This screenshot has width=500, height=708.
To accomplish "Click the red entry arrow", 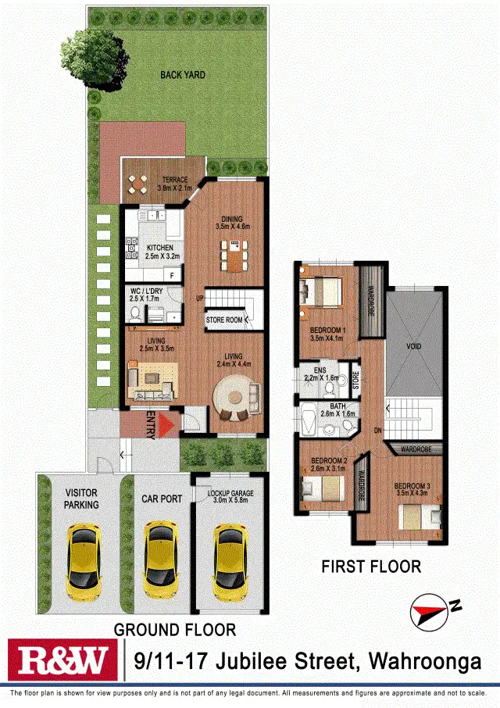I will pos(164,427).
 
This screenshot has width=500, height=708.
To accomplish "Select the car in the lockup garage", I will pos(230,557).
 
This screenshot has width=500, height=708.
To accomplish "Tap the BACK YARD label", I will pos(182,75).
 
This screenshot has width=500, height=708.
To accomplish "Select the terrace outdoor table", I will pos(138,185).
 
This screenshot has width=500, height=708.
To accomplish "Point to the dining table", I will pos(234,252).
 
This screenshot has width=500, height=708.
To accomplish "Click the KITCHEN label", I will pos(159,249).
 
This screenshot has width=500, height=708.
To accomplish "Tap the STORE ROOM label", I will pos(224,320).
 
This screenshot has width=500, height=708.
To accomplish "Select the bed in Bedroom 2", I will pos(323,490).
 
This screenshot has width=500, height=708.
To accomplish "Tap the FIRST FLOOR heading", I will pos(371,567).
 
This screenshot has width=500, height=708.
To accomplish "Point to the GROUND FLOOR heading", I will pos(174,629).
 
